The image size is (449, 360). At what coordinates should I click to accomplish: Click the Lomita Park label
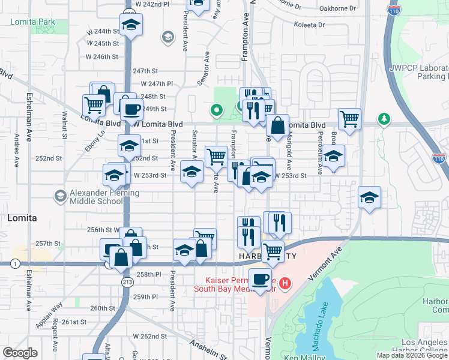32,22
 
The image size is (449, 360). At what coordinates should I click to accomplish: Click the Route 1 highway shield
14,263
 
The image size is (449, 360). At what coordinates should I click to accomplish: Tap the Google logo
20,353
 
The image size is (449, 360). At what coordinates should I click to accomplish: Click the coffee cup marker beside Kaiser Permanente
261,280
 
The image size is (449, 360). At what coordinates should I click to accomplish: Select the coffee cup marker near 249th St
131,110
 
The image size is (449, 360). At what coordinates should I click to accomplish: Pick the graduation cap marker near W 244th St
130,26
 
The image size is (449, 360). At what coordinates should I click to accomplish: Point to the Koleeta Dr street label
309,25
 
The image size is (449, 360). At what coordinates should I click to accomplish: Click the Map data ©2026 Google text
411,355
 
